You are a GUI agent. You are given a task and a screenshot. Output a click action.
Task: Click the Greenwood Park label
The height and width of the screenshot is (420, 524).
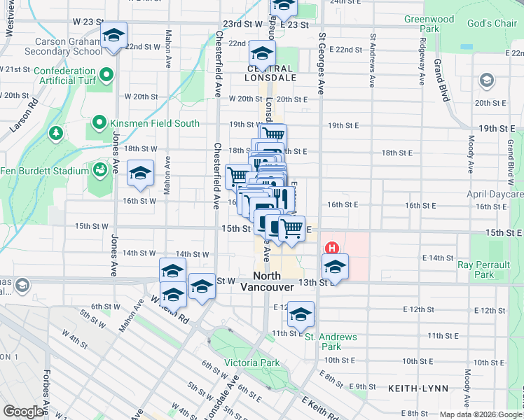click(x=429, y=24)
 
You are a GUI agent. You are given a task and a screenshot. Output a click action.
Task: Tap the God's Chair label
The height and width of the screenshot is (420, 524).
click(x=492, y=24)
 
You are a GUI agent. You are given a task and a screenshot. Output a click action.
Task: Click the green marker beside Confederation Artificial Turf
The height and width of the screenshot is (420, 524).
click(x=106, y=75)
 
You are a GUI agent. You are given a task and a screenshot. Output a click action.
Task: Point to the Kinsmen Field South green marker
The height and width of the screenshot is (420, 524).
click(x=98, y=124)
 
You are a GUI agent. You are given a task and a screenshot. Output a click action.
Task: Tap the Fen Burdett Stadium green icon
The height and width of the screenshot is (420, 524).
click(x=98, y=170)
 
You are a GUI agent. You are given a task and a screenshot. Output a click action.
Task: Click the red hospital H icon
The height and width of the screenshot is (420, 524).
click(x=332, y=248)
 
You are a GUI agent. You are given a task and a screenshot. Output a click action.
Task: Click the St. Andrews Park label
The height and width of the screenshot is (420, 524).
click(x=331, y=342)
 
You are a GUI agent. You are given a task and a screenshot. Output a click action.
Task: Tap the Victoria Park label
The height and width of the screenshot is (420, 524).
click(x=251, y=363)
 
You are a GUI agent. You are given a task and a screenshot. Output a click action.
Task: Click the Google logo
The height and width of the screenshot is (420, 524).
click(x=24, y=411)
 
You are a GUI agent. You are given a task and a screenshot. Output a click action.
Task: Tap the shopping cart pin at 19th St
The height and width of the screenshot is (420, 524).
click(x=273, y=134)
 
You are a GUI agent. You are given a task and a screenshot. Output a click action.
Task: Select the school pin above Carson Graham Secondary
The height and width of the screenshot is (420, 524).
click(x=113, y=36)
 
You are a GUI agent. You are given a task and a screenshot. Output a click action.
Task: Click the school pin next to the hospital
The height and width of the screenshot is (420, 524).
click(x=335, y=267)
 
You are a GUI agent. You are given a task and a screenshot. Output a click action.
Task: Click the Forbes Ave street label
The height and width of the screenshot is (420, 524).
click(x=44, y=392)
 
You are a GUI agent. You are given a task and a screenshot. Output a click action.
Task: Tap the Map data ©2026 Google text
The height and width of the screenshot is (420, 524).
click(x=481, y=414)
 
